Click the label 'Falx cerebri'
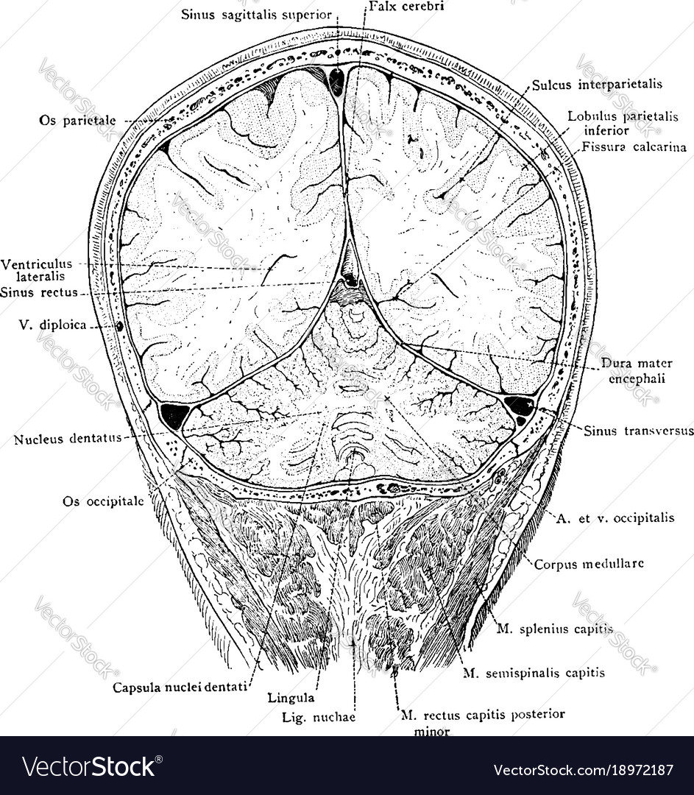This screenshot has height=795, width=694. tap(406, 7)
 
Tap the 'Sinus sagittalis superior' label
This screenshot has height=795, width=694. tap(257, 15)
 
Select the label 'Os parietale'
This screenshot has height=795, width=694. tap(77, 121)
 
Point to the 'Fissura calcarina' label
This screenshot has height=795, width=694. tap(634, 147)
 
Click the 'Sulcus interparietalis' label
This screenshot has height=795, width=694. tap(597, 84)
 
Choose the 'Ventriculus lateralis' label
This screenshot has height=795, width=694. tap(37, 269)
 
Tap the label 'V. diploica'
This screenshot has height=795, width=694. tap(53, 325)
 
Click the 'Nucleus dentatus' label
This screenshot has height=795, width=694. tap(68, 439)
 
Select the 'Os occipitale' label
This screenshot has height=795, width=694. tap(104, 501)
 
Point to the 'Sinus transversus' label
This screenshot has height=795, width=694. tap(639, 431)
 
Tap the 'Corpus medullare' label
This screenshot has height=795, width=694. tap(589, 564)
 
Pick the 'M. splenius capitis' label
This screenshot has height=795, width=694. tap(555, 629)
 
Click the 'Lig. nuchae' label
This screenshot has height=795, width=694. tap(319, 718)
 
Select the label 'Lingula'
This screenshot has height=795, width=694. tap(291, 698)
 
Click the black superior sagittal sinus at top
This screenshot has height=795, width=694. tap(336, 81)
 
